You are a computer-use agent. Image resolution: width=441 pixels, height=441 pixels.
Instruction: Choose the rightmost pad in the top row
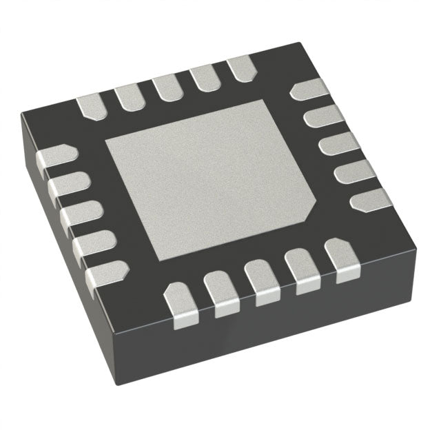239,68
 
